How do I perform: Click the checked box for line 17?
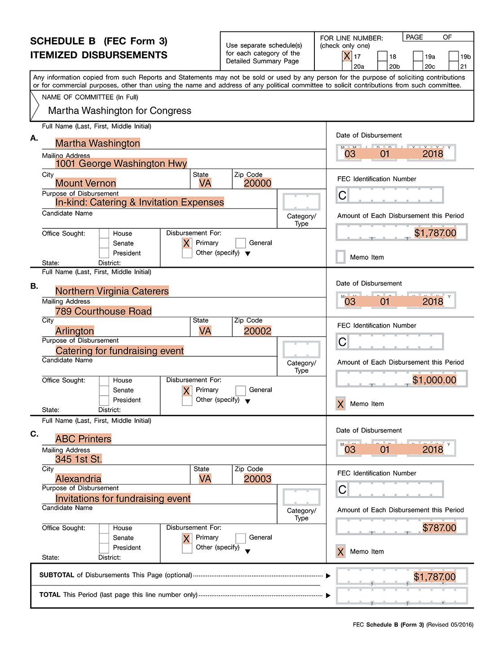[x=347, y=56]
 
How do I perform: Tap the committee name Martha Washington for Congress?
[x=119, y=111]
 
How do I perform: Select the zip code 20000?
[x=257, y=183]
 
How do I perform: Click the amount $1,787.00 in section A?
[x=435, y=233]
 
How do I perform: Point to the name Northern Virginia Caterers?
[x=112, y=291]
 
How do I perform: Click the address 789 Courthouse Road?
[x=103, y=311]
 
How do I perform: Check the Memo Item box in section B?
[x=340, y=404]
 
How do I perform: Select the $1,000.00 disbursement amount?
[x=434, y=380]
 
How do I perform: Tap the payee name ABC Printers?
[x=83, y=439]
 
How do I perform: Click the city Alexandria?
[x=78, y=479]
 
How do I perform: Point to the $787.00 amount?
[x=439, y=528]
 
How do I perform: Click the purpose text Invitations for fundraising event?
[x=123, y=498]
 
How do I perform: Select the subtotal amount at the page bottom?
[x=434, y=577]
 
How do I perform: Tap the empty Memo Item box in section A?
[x=341, y=257]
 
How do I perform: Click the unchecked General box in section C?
[x=241, y=538]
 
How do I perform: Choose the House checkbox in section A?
[x=104, y=233]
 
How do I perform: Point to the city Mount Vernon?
[x=85, y=183]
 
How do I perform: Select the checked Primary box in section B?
[x=187, y=391]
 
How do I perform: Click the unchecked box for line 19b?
[x=454, y=57]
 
